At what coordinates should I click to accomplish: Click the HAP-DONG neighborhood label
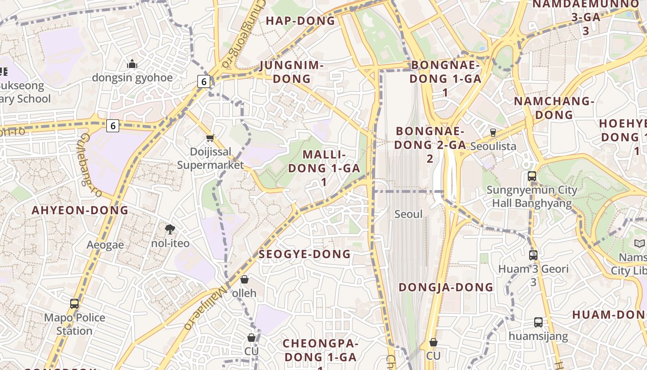point(300,21)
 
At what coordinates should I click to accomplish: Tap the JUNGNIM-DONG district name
point(291,72)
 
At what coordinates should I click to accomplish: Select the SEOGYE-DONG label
point(305,254)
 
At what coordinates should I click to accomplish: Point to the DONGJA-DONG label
point(446,287)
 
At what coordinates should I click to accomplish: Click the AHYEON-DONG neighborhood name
point(80,210)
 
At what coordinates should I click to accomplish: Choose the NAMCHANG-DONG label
point(554,108)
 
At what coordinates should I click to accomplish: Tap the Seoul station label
point(409,214)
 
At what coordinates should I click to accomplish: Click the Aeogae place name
point(105,245)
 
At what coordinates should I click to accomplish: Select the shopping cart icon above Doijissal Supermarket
point(210,138)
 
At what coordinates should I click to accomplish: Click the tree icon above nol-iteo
point(170,229)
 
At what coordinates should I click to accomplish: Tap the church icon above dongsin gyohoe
point(132,64)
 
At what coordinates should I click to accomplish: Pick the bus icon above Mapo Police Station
point(74,304)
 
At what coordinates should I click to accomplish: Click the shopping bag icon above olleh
point(244,279)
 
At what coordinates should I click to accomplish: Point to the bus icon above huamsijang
point(538,322)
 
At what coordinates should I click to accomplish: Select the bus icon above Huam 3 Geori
point(533,255)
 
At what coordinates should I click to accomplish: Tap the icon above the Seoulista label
point(493,132)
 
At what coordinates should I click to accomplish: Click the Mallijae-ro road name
point(206,307)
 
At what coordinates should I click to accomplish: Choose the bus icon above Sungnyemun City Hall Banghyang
point(532,176)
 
